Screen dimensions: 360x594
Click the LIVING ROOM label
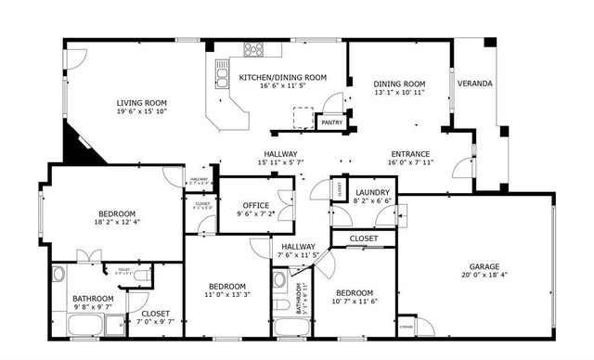click(x=141, y=103)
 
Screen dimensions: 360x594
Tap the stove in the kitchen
click(x=253, y=49)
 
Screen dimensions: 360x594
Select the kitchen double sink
click(x=223, y=71)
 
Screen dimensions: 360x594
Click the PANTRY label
click(x=330, y=122)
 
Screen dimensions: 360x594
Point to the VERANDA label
click(x=476, y=84)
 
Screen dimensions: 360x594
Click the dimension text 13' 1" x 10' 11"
click(x=399, y=93)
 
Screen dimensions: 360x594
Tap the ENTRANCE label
click(x=410, y=154)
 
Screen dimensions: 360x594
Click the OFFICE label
click(x=255, y=205)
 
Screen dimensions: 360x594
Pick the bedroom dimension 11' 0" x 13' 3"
click(x=226, y=296)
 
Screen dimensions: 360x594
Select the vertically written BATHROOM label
click(x=301, y=298)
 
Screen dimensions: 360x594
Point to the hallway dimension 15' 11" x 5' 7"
click(x=279, y=162)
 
